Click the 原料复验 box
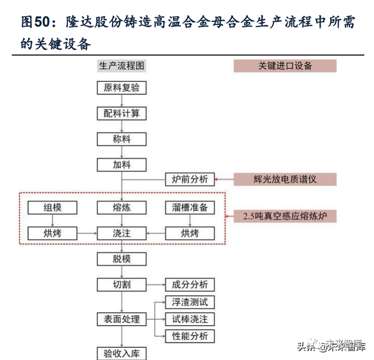(122, 88)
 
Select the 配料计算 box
(122, 113)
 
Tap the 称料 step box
(122, 139)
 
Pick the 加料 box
(122, 165)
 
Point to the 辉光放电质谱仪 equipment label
(285, 179)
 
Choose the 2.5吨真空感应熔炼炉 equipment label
(285, 217)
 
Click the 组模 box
(52, 208)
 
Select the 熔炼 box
(122, 208)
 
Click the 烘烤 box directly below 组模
(52, 233)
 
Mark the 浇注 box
(122, 233)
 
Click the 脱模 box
(122, 259)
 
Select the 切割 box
(122, 285)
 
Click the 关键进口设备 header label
(285, 66)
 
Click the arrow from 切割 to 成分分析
(155, 285)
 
